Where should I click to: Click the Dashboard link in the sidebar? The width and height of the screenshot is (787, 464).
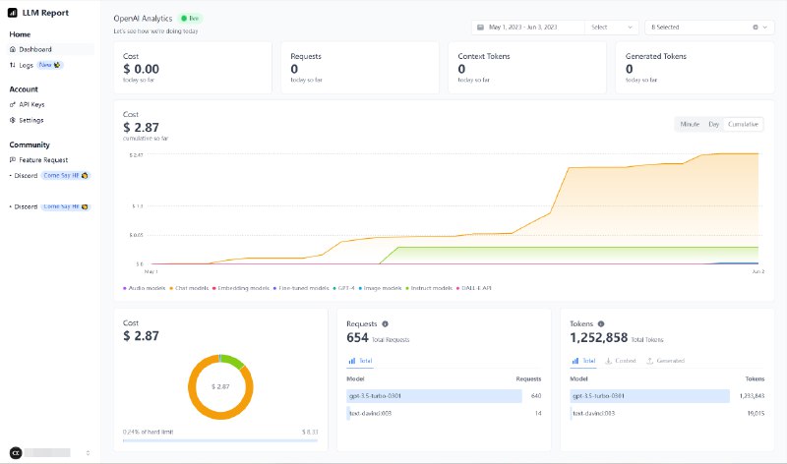point(35,49)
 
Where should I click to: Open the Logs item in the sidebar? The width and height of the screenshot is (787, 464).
point(26,65)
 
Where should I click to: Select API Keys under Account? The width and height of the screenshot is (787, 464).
point(31,104)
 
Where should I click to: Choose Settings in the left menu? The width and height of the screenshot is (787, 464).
point(30,120)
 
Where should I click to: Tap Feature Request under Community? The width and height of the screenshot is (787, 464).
point(42,159)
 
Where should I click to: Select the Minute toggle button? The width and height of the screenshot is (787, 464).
point(689,124)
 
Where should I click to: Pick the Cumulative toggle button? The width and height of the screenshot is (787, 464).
point(743,124)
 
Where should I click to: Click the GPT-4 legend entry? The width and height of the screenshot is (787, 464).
point(345,288)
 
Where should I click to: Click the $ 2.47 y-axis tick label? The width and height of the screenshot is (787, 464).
point(137,155)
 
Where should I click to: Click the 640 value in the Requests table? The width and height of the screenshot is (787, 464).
point(535,396)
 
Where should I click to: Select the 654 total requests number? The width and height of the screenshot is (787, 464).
point(357,337)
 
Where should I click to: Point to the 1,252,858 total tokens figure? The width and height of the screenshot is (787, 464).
point(598,337)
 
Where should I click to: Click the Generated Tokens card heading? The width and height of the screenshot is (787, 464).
point(657,56)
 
